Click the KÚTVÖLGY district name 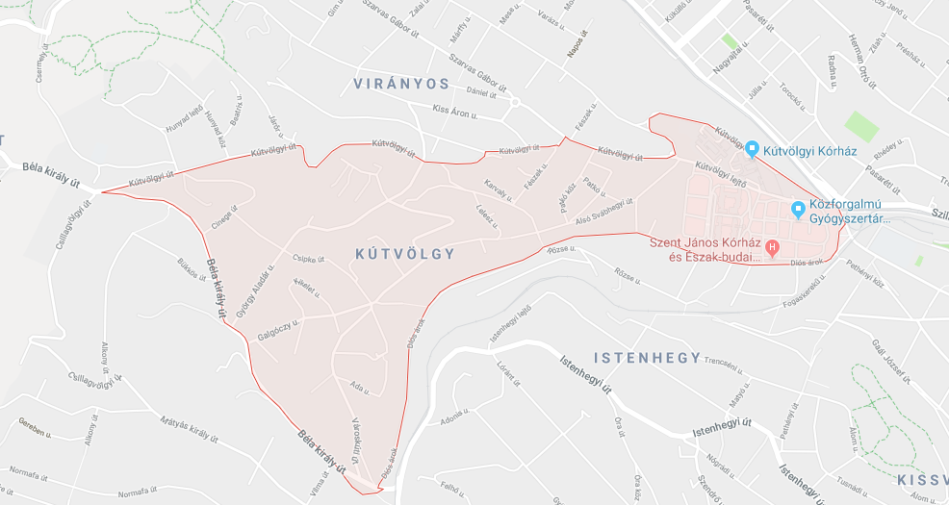[x=404, y=253]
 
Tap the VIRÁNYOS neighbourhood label [x=401, y=84]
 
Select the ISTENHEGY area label [x=647, y=358]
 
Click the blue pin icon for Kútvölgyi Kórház [x=752, y=149]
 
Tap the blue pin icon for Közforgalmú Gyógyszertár [x=798, y=209]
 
